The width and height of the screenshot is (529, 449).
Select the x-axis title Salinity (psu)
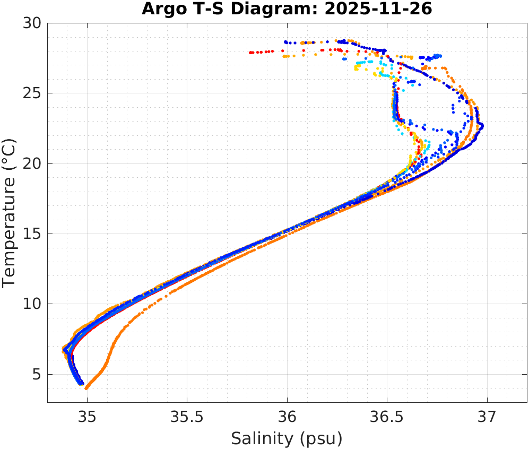click(x=287, y=439)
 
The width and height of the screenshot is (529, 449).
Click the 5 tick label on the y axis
click(x=37, y=375)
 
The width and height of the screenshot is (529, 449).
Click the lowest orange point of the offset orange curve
click(x=86, y=388)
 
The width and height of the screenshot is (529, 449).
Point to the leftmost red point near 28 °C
click(x=250, y=53)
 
